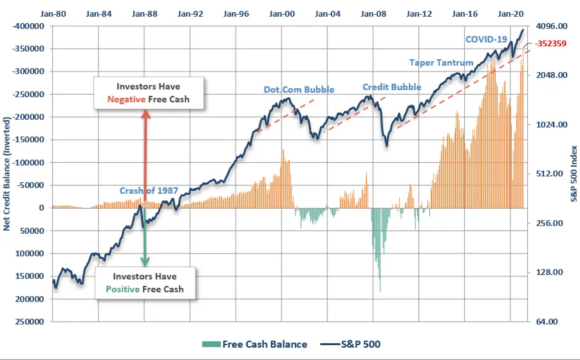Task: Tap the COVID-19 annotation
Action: click(x=486, y=39)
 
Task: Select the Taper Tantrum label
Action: click(x=442, y=62)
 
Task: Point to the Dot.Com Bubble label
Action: click(x=299, y=90)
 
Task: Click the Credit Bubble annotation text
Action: click(x=392, y=87)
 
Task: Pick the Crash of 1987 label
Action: click(x=149, y=191)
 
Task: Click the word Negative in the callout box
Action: click(x=126, y=99)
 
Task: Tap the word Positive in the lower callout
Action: click(x=122, y=289)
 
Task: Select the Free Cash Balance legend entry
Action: click(x=254, y=345)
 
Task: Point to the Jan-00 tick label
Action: click(x=282, y=14)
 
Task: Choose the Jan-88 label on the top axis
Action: click(x=145, y=14)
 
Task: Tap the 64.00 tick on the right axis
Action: click(x=547, y=321)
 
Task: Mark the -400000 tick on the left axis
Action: click(x=28, y=26)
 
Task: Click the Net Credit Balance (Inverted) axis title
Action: click(x=7, y=174)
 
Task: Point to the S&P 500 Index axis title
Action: click(x=574, y=174)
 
